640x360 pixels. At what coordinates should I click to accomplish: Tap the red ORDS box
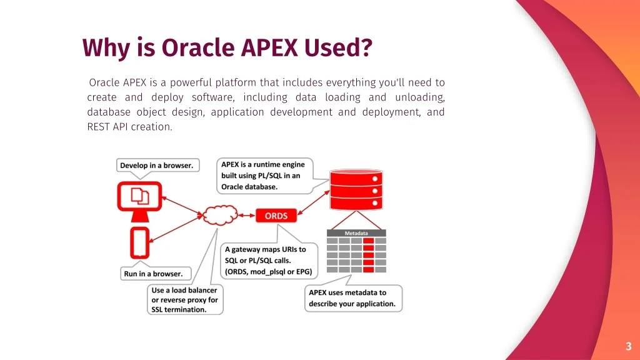point(276,216)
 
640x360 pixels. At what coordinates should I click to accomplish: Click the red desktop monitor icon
point(139,200)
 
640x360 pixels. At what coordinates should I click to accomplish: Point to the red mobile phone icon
point(139,242)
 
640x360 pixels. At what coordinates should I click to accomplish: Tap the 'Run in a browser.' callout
point(153,274)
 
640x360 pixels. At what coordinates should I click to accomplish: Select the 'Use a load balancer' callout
point(185,299)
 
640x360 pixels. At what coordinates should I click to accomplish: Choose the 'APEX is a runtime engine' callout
point(263,176)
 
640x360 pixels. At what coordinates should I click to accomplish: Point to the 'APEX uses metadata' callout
point(353,298)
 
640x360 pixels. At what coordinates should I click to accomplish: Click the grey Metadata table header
point(356,233)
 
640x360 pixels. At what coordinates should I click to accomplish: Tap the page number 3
point(628,346)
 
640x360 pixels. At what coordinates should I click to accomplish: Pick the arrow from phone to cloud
point(176,229)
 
